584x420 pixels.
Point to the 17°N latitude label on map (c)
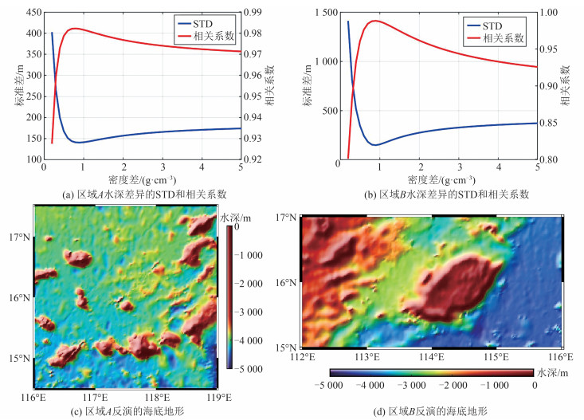click(x=19, y=237)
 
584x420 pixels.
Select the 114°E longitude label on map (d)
click(x=432, y=357)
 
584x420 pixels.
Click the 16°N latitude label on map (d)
click(x=287, y=282)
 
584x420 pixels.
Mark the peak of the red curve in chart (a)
click(x=75, y=29)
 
